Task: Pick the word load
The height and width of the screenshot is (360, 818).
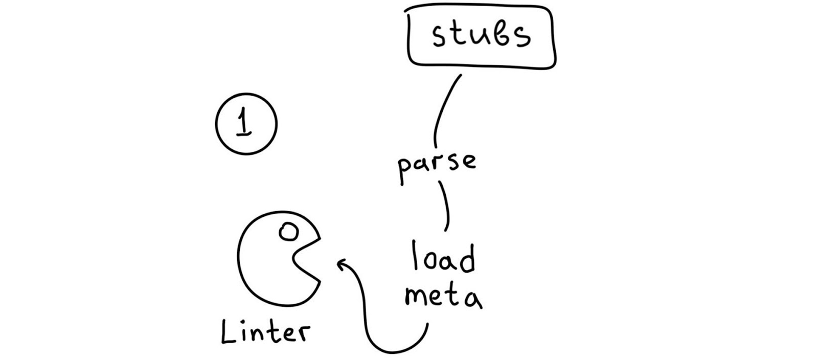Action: (x=444, y=258)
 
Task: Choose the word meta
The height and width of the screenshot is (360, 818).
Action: (x=443, y=297)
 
